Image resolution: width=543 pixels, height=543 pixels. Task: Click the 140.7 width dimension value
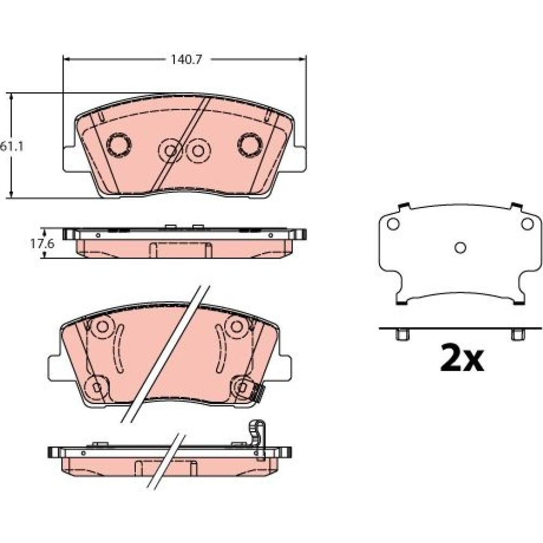(x=186, y=60)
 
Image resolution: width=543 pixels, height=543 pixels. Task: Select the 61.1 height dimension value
(x=11, y=147)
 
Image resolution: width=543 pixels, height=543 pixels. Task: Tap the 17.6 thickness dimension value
(x=42, y=244)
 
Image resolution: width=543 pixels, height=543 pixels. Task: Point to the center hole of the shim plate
(x=460, y=248)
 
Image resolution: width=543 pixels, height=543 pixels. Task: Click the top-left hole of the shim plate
(x=393, y=224)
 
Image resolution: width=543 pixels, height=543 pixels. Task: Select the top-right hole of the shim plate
(x=527, y=224)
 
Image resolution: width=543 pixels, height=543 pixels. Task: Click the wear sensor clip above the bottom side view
(x=257, y=439)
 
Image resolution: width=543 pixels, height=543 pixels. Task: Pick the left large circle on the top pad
(x=119, y=145)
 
